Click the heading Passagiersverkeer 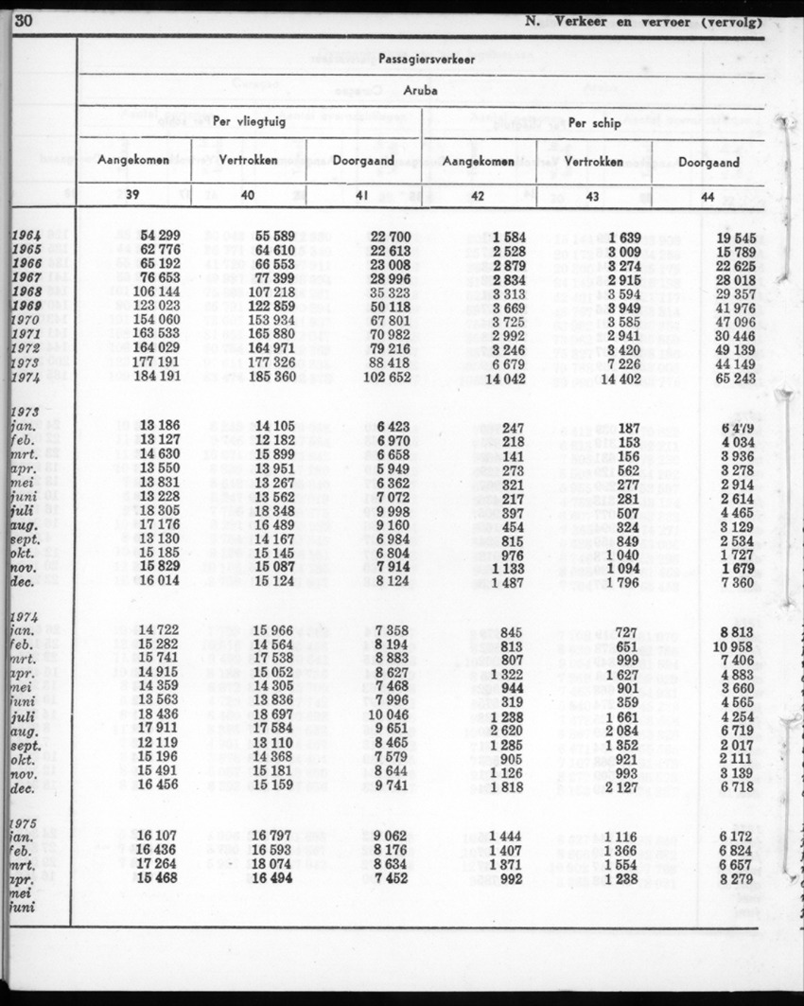(421, 59)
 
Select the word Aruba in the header (420, 92)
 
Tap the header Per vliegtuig (250, 121)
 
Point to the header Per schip (593, 121)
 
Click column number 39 (134, 195)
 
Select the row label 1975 (26, 821)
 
